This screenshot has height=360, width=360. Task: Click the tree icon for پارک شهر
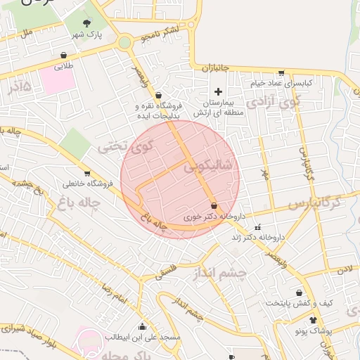[x=87, y=22]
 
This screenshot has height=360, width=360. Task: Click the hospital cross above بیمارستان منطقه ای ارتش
[x=218, y=91]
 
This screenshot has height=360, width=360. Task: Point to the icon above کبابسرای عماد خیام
[x=282, y=72]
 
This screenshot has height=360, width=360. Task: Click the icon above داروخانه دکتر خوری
[x=213, y=207]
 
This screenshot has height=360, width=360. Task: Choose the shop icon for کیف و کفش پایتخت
[x=300, y=292]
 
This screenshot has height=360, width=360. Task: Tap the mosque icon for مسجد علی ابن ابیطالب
[x=143, y=326]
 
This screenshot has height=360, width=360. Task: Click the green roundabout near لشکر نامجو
[x=125, y=43]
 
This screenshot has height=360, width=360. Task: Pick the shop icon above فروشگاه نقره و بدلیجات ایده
[x=158, y=95]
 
